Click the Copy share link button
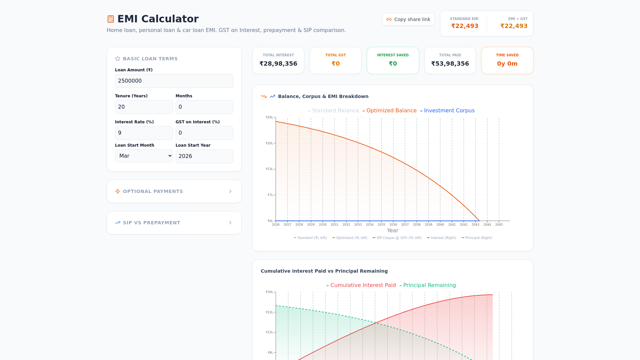point(408,19)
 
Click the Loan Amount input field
point(174,81)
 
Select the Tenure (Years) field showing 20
point(144,107)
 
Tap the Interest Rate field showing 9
point(144,133)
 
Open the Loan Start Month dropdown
point(144,156)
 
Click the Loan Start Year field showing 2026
point(204,156)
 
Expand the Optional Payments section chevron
point(230,191)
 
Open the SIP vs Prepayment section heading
point(152,223)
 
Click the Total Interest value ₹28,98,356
point(278,64)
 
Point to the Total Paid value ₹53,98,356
point(450,64)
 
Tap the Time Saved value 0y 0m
point(507,64)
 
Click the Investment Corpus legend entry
point(449,111)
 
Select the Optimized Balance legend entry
point(391,111)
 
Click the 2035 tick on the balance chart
point(381,225)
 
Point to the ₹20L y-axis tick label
point(269,143)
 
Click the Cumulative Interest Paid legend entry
point(363,285)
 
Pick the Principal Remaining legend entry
point(429,285)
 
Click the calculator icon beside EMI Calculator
point(111,19)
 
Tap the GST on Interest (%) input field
point(204,133)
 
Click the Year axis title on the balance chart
point(393,231)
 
